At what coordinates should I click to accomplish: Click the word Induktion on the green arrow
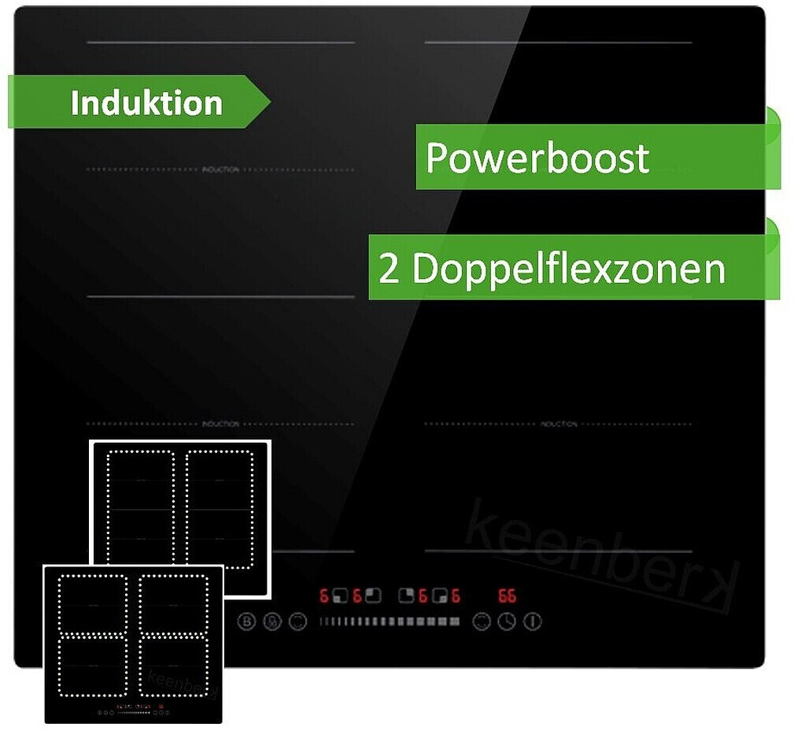[x=146, y=103]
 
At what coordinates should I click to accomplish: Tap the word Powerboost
[x=537, y=158]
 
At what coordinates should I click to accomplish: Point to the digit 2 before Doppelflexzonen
[x=389, y=270]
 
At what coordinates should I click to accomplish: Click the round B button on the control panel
[x=247, y=622]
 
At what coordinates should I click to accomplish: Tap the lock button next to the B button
[x=271, y=622]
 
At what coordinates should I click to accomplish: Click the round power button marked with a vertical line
[x=533, y=622]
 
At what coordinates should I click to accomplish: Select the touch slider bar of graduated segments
[x=390, y=622]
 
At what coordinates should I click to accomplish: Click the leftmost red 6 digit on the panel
[x=323, y=596]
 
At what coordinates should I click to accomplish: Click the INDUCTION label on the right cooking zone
[x=559, y=425]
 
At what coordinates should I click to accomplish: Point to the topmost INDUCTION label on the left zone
[x=220, y=170]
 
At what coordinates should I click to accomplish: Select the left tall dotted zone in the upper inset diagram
[x=140, y=509]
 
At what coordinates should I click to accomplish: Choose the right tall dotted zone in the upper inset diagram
[x=220, y=509]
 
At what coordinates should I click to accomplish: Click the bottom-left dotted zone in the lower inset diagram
[x=93, y=666]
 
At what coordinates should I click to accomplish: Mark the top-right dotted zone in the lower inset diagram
[x=174, y=605]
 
